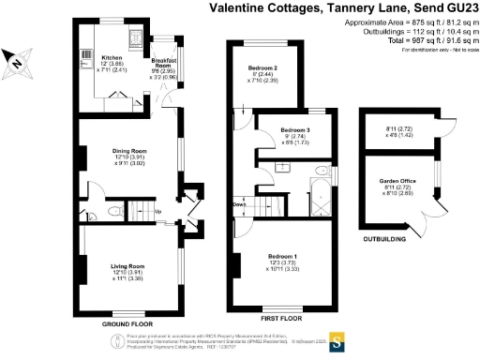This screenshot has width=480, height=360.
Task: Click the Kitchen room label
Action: (x=111, y=57)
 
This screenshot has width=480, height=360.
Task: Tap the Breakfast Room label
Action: (x=164, y=57)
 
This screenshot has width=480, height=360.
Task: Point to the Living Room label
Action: (x=127, y=266)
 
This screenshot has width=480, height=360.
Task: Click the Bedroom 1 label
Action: (x=282, y=256)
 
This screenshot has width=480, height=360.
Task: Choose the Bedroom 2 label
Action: (x=262, y=68)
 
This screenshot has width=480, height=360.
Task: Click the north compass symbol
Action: (x=19, y=62)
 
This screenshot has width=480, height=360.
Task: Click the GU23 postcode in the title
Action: (x=458, y=8)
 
